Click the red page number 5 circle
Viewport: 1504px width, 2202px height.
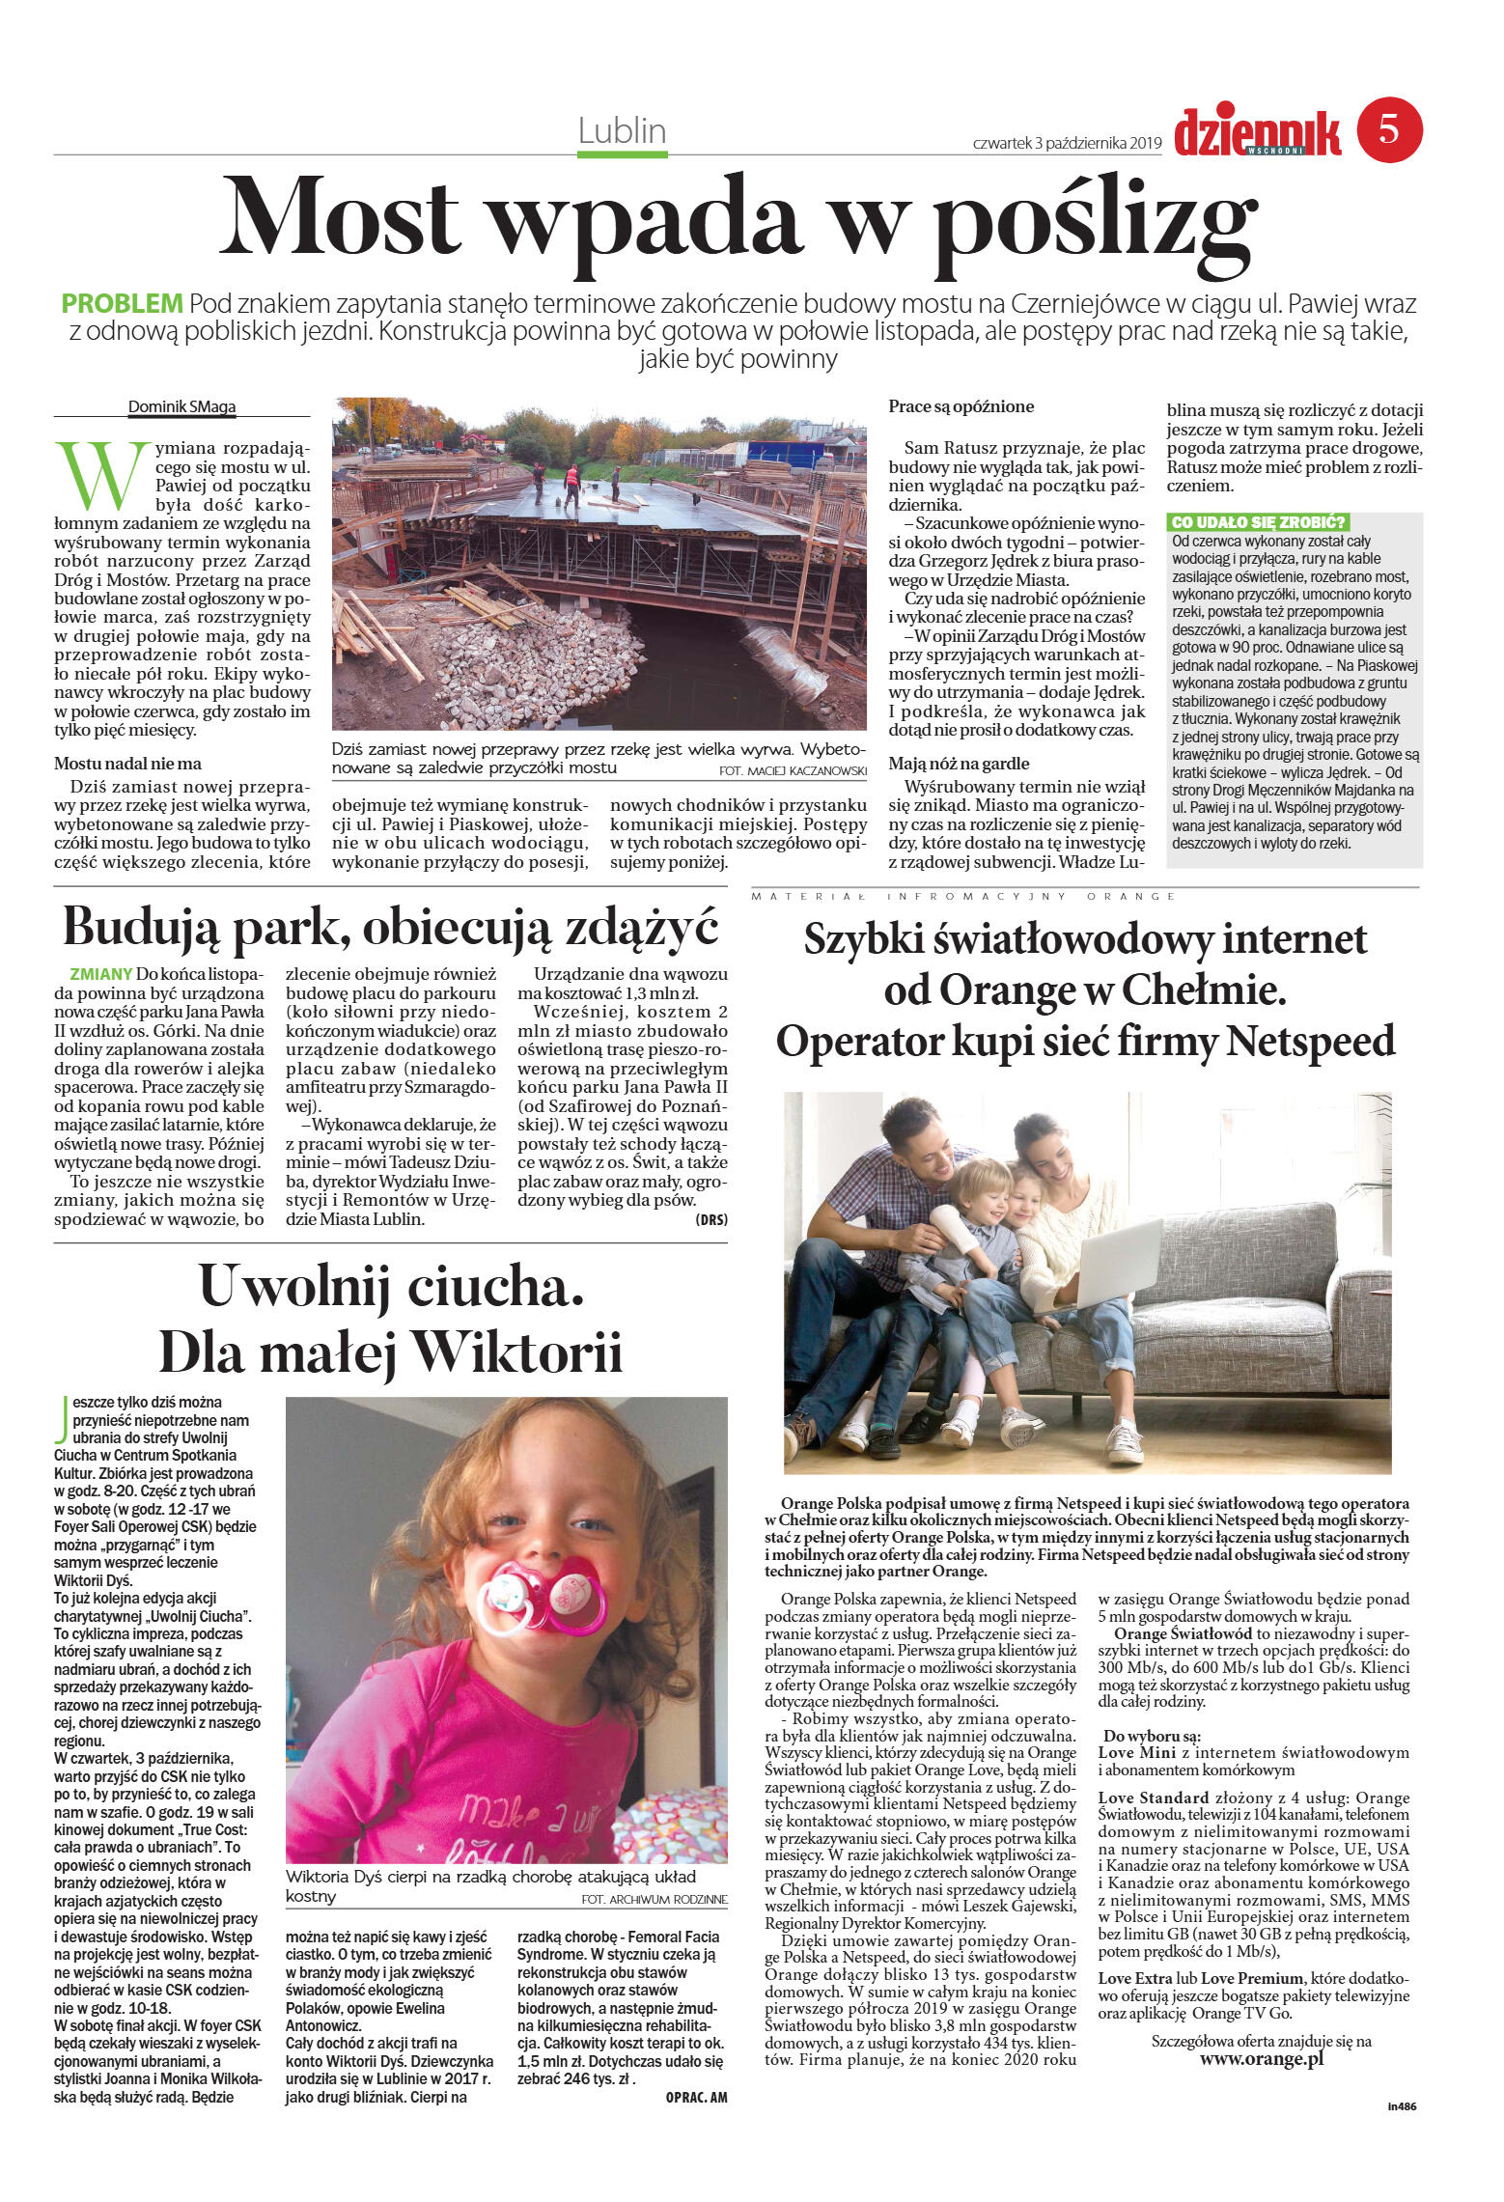1389,129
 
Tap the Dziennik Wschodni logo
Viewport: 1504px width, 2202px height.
1257,133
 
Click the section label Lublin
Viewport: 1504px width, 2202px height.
622,130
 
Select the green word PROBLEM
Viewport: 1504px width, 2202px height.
122,303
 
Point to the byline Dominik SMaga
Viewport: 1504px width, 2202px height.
181,406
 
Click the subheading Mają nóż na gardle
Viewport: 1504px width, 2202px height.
959,763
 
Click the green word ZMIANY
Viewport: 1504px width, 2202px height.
100,974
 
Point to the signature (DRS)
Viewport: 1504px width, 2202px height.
710,1219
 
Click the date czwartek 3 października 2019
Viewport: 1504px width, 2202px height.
1067,144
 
